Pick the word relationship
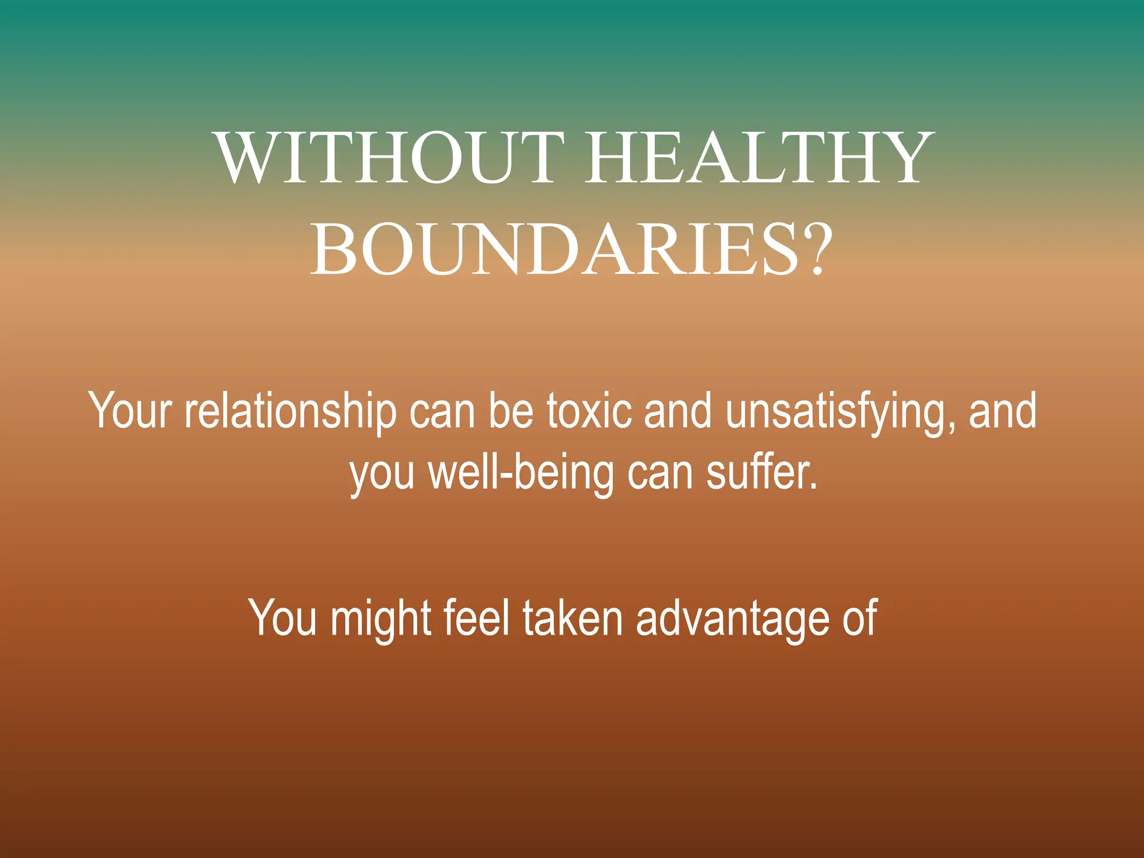[x=290, y=412]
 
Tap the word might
[x=380, y=619]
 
